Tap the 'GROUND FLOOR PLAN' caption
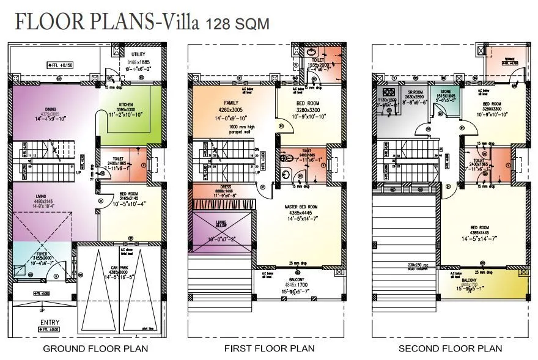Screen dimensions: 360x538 tap(95, 349)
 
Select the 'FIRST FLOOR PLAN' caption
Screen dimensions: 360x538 tap(270, 349)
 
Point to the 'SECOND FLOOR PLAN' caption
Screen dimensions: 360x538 tap(451, 349)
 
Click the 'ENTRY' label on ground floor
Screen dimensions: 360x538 tap(50, 322)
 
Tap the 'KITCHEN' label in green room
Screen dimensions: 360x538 tap(125, 105)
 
